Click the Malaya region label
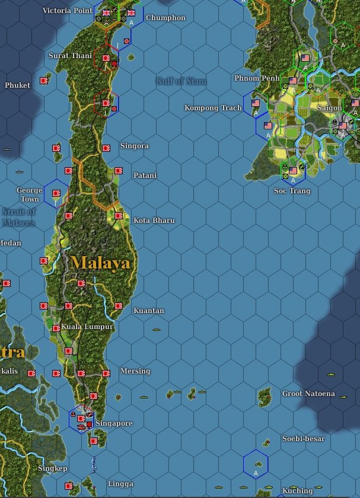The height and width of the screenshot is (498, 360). tap(100, 263)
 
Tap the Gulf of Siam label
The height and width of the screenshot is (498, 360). tap(181, 81)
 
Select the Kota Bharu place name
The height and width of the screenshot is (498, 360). tap(154, 221)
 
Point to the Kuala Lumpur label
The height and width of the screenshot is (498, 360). tap(87, 327)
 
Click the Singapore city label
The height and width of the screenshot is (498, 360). tap(114, 423)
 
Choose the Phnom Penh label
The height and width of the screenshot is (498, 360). tap(256, 78)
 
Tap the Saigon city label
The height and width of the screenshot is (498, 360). tap(329, 108)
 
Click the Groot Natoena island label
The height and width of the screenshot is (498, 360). tap(308, 394)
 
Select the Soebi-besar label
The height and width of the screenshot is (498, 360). tap(304, 439)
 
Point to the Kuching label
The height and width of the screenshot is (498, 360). tap(297, 491)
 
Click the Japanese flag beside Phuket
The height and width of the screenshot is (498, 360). tap(44, 80)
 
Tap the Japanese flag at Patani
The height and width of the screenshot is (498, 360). tap(118, 171)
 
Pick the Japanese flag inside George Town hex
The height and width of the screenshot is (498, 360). tap(56, 193)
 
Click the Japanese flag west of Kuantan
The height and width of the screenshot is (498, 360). tap(119, 307)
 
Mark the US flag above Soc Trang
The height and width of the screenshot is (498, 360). tap(292, 171)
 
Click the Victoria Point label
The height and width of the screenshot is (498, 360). tap(68, 11)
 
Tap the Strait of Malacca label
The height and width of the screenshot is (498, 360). tap(19, 217)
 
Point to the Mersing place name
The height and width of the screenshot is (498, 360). tap(135, 371)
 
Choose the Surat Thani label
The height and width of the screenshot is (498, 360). tap(70, 56)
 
